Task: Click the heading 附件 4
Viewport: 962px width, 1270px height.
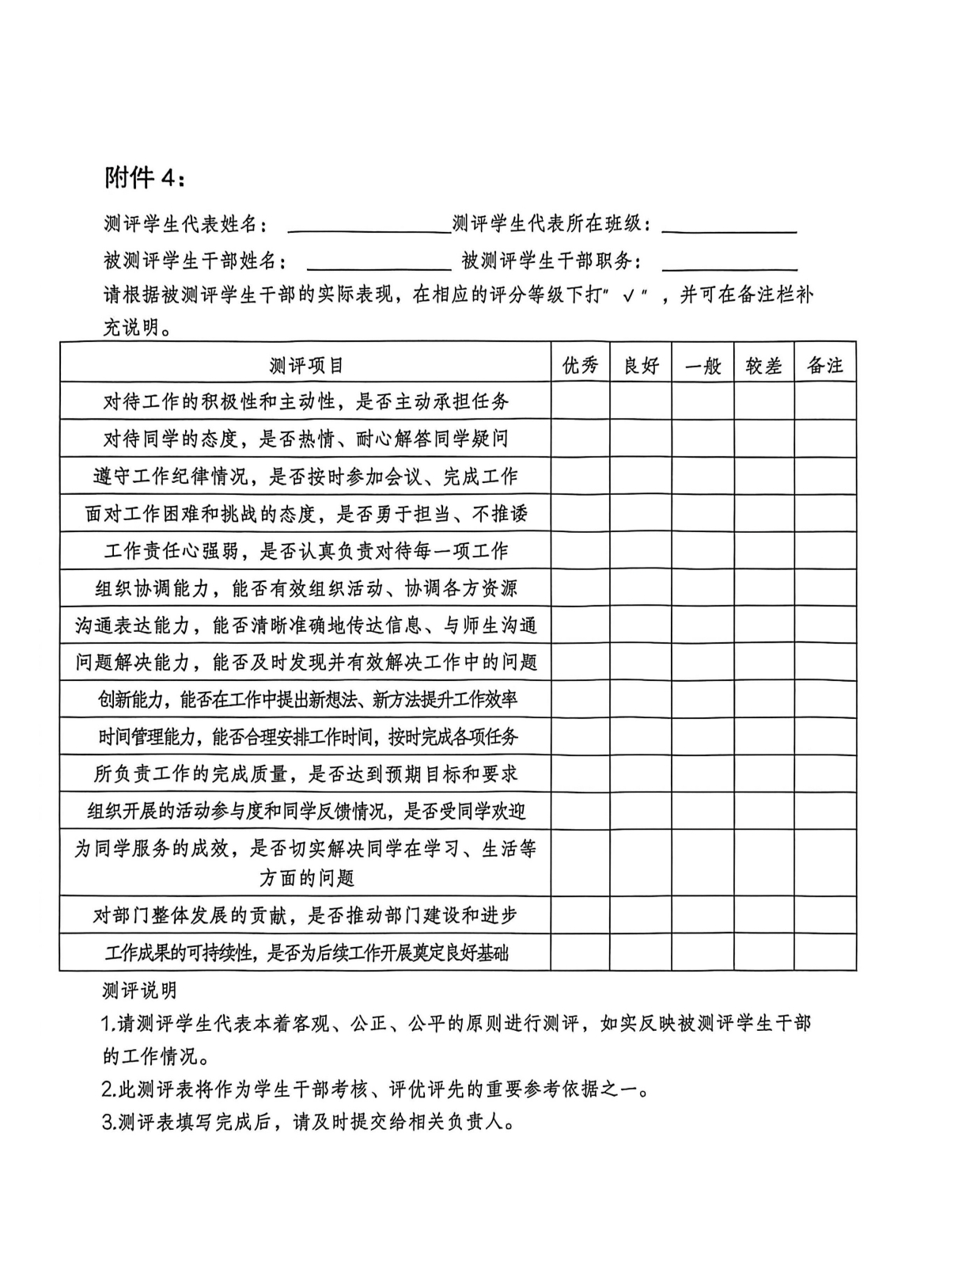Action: [x=146, y=179]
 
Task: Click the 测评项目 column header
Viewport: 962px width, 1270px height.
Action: [x=306, y=365]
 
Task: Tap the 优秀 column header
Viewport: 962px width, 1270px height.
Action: [x=580, y=365]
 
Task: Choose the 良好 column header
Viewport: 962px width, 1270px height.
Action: [x=641, y=365]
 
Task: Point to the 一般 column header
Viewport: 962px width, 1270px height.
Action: [x=703, y=365]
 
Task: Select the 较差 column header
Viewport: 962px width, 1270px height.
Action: [x=763, y=365]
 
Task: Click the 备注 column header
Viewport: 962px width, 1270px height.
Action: [x=825, y=365]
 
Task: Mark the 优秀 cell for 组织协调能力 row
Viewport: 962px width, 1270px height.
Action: [x=580, y=588]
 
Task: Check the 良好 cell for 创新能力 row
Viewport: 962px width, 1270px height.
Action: [x=641, y=700]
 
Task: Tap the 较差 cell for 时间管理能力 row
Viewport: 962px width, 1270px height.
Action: [x=763, y=737]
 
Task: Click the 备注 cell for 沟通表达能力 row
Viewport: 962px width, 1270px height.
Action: [x=825, y=625]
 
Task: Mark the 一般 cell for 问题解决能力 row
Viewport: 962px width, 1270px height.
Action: [x=703, y=663]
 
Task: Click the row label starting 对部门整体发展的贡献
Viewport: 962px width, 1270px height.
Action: [x=305, y=915]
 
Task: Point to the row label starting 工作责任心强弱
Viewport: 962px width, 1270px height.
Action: [x=305, y=551]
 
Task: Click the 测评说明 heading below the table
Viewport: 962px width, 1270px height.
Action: [x=139, y=991]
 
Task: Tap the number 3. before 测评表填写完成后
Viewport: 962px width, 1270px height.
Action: [x=109, y=1123]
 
